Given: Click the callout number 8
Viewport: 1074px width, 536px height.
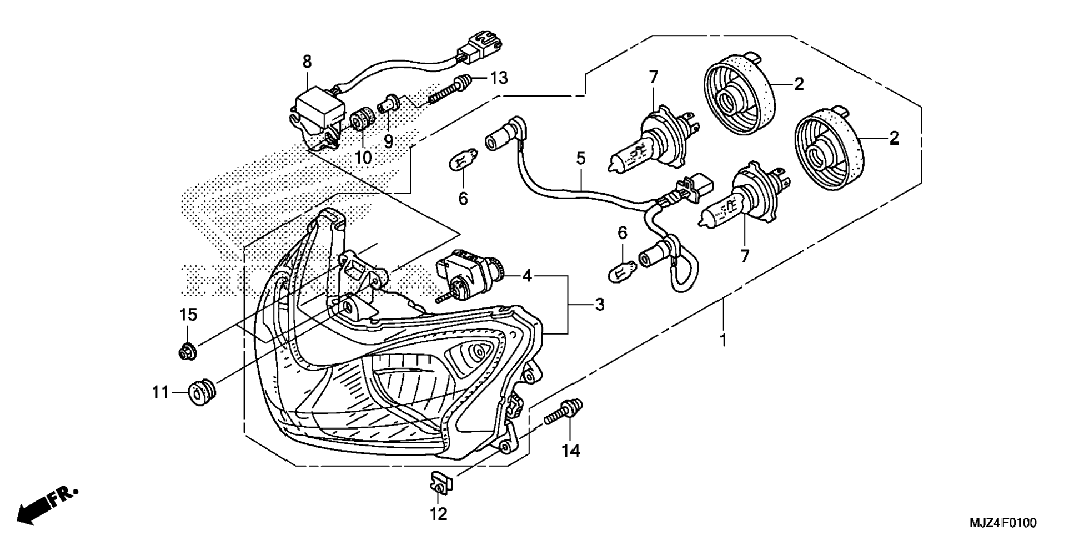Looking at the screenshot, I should (307, 62).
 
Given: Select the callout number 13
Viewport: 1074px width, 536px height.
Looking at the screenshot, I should (499, 78).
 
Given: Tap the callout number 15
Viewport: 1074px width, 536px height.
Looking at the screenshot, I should (188, 315).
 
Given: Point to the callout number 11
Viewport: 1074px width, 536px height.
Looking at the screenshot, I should (160, 393).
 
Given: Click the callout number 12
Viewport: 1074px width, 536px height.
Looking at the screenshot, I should (439, 514).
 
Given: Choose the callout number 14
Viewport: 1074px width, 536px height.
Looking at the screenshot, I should (571, 451).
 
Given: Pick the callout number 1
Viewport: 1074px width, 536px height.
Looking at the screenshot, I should (723, 340).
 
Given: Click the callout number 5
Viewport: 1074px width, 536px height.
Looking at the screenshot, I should (581, 159).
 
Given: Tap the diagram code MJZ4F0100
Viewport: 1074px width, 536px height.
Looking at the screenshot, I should (1003, 523).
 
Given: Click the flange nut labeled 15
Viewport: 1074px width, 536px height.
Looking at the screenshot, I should (187, 351).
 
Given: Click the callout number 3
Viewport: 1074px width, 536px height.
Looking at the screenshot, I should (600, 305).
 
